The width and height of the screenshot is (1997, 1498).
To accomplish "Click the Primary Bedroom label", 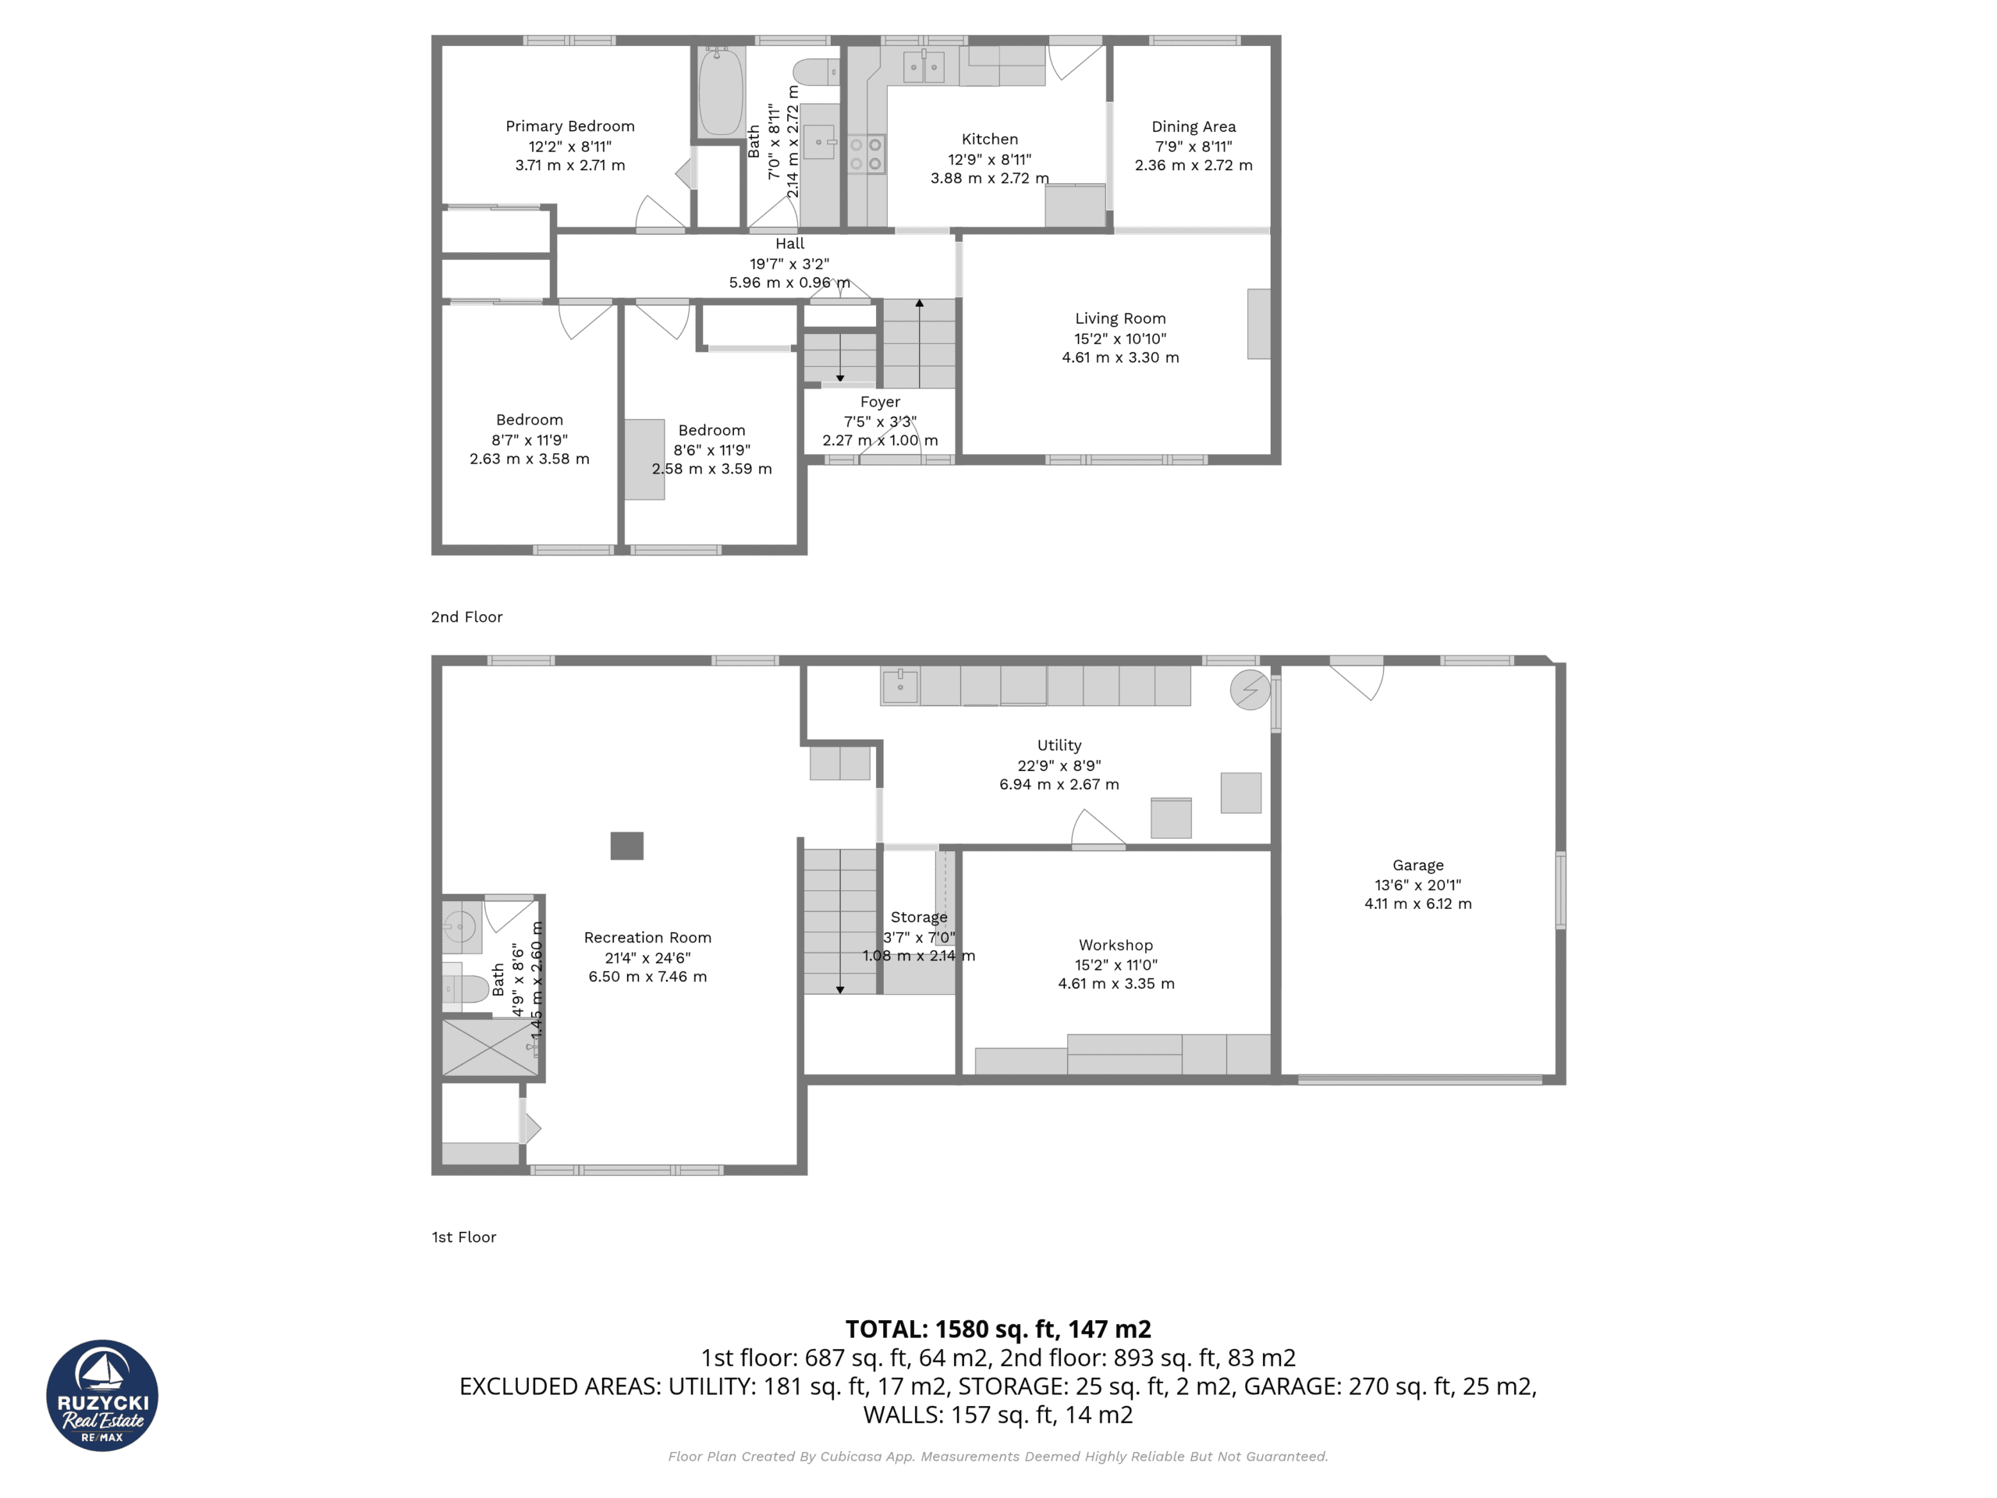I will (569, 126).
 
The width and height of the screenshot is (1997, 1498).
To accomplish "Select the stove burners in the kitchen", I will (866, 154).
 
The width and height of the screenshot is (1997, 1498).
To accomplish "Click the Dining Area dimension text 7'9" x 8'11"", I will (1193, 146).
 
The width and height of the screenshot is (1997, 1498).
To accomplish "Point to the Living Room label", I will (1119, 319).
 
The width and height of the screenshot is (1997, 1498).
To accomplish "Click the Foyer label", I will (879, 402).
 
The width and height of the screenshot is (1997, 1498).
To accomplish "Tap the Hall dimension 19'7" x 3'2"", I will (789, 264).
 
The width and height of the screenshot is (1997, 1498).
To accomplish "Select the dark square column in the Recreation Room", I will (626, 846).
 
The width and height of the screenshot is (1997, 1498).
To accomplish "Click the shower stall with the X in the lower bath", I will (490, 1047).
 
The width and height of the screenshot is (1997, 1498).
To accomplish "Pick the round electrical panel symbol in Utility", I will (1250, 690).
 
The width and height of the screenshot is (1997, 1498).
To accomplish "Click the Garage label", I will (1417, 865).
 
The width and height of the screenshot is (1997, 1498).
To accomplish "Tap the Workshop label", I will (1115, 946).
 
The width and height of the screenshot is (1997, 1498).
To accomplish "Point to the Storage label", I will (918, 918).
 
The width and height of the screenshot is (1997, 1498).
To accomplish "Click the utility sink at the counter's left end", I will (900, 687).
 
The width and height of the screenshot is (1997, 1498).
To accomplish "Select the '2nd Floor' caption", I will (466, 616).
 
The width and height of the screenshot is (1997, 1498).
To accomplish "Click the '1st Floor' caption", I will (464, 1237).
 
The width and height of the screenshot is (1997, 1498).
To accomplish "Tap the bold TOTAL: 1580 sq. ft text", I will (998, 1329).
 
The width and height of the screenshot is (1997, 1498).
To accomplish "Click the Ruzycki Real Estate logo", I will (102, 1396).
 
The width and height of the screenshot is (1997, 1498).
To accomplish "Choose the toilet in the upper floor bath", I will (816, 71).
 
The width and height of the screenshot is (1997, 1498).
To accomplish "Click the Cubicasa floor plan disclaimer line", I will (998, 1457).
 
